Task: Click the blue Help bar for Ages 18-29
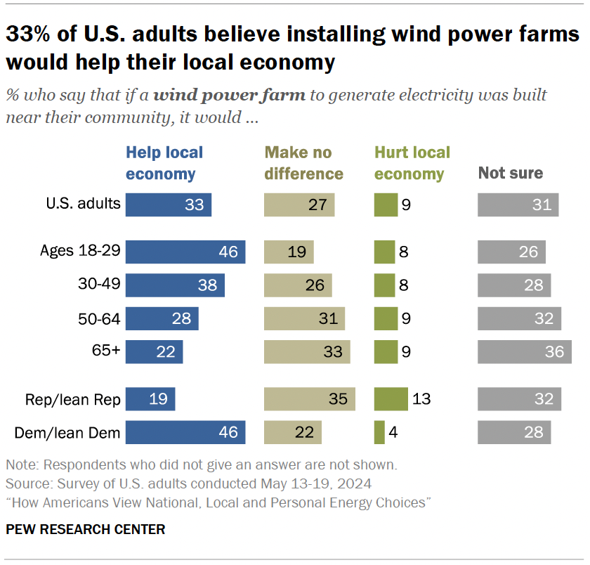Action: pos(185,252)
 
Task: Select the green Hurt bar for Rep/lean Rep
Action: pos(391,399)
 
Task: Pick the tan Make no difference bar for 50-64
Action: pos(304,318)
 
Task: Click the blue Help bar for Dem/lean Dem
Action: pos(185,432)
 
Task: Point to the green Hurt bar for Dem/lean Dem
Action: pos(379,432)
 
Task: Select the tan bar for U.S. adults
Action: pos(299,204)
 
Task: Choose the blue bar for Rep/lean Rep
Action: pos(150,399)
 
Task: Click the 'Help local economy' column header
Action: pos(164,163)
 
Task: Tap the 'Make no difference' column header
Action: pos(303,163)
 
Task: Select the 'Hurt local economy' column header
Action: pos(412,163)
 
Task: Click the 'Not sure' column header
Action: pos(511,173)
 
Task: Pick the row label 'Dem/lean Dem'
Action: pos(67,432)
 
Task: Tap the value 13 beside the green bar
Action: pos(421,399)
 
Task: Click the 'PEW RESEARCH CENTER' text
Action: pos(86,529)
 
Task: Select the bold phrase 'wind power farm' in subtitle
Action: pos(230,96)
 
